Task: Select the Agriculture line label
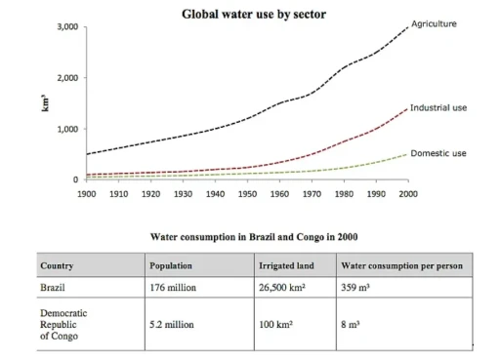click(434, 22)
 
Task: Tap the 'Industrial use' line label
click(439, 107)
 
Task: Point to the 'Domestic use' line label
click(438, 153)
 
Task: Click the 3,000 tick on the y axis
click(65, 26)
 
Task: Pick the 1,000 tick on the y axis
click(65, 129)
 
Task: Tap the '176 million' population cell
click(173, 289)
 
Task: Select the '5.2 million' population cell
click(172, 320)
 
